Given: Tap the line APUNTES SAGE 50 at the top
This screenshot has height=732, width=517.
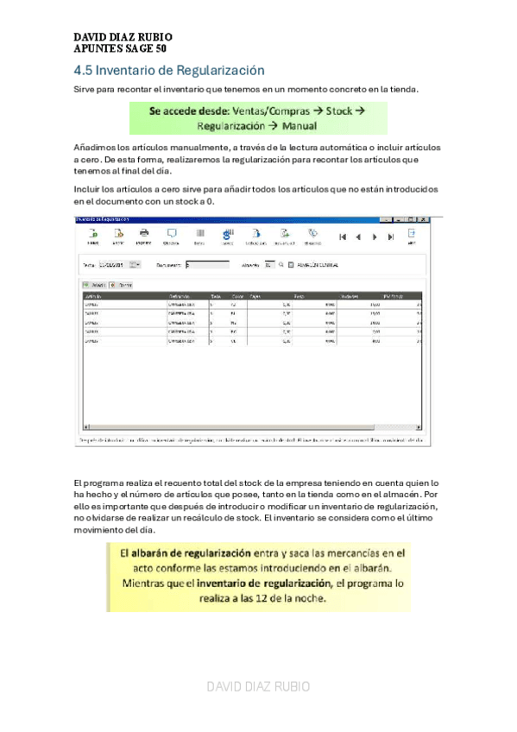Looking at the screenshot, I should (120, 49).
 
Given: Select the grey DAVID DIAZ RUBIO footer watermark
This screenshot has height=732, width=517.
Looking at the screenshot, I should (258, 686).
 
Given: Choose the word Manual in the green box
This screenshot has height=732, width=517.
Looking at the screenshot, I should (297, 126).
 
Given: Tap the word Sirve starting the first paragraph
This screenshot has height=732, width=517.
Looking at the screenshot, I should (85, 89).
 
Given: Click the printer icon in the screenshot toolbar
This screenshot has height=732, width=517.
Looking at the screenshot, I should (145, 234).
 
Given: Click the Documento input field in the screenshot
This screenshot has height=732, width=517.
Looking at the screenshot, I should (207, 265).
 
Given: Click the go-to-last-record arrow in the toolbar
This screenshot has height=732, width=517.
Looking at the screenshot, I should (391, 236).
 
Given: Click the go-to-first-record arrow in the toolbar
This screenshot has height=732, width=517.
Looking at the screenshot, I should (344, 236).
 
